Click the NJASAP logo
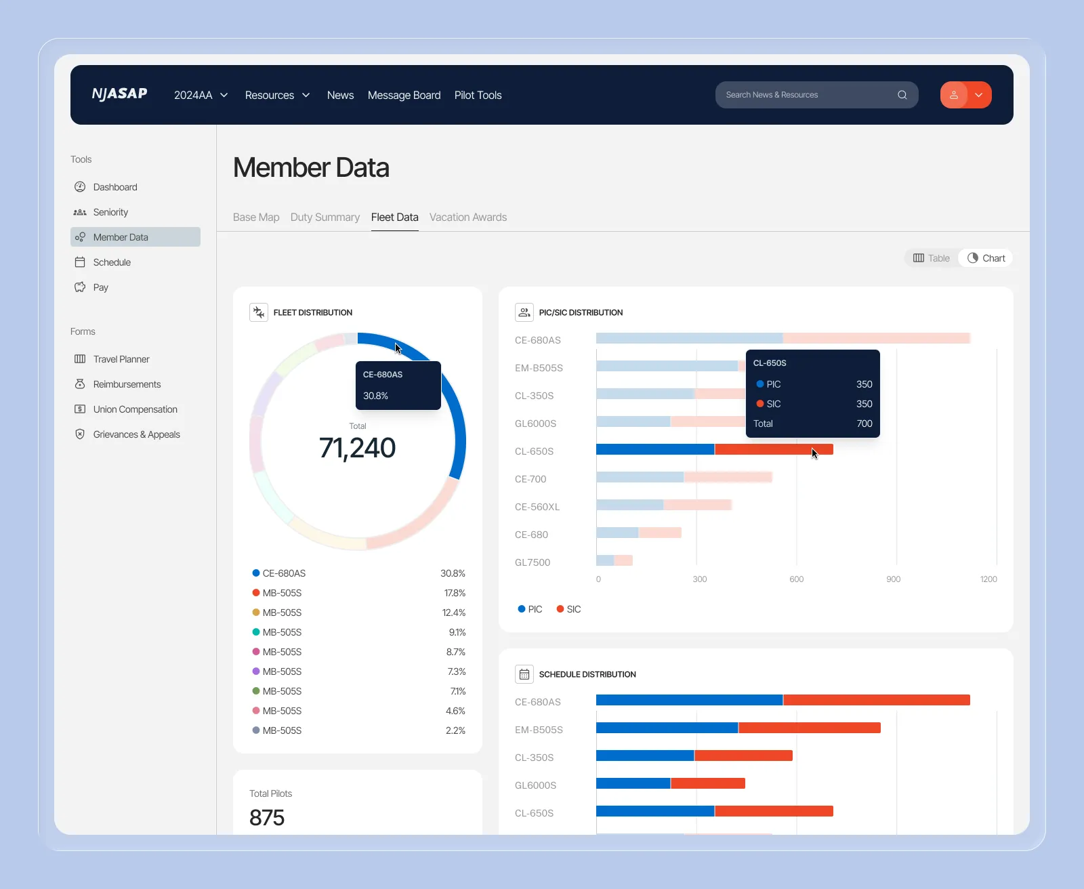coord(119,94)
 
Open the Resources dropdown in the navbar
coord(277,95)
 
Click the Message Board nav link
coord(404,95)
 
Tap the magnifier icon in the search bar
coord(902,95)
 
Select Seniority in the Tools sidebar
coord(110,212)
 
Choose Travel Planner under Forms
coord(121,359)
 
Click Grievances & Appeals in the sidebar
coord(136,434)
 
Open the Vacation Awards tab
coord(467,218)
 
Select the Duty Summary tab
coord(325,218)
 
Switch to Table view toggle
coord(932,258)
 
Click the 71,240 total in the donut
coord(357,448)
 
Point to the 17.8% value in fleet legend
coord(455,593)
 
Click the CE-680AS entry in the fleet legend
coord(284,573)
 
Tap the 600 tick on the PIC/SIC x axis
coord(796,579)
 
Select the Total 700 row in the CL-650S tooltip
coord(812,423)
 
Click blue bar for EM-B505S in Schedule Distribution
coord(667,728)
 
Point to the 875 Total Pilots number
coord(267,818)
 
